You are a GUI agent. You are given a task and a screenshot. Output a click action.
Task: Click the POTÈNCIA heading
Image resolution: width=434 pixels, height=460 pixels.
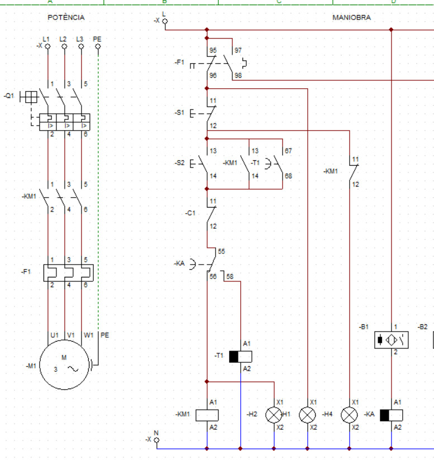[x=66, y=18]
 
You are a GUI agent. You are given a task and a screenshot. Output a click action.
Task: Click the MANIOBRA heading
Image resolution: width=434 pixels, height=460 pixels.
[x=351, y=18]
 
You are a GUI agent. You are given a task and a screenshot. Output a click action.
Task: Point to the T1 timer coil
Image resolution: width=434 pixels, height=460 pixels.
[x=240, y=357]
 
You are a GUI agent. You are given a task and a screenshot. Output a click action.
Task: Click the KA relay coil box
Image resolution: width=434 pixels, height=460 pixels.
[x=391, y=415]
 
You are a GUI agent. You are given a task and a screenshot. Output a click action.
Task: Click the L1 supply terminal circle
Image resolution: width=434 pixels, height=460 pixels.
[x=47, y=46]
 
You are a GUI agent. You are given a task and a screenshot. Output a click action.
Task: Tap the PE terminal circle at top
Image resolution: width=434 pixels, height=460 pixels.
[x=98, y=46]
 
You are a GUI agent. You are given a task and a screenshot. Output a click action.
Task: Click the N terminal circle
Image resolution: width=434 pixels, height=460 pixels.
[x=157, y=440]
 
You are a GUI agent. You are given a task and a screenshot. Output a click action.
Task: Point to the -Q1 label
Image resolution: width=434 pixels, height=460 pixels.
[x=9, y=96]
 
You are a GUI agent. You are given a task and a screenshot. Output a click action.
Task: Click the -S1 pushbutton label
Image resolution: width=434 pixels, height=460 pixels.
[x=180, y=113]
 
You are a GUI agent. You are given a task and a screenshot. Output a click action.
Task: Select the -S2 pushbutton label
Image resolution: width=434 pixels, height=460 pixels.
[x=180, y=163]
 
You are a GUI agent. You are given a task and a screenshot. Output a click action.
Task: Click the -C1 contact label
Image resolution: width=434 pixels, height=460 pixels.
[x=190, y=213]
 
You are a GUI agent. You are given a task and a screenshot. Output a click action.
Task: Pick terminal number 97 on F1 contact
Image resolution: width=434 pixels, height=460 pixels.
[x=238, y=50]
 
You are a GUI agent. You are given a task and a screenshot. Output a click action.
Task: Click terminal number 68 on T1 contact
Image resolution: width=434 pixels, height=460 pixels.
[x=288, y=176]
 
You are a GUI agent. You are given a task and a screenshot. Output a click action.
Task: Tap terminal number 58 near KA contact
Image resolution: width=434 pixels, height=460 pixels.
[x=230, y=276]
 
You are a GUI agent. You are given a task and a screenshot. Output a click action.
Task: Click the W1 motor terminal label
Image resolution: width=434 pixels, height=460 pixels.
[x=88, y=335]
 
